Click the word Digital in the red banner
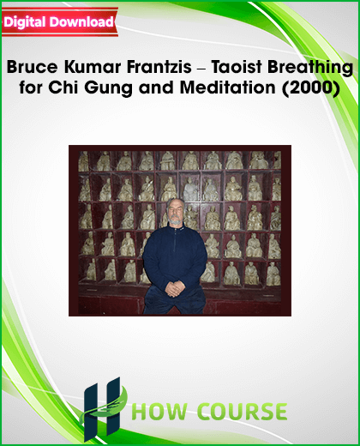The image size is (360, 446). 25,22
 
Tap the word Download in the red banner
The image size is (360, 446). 81,21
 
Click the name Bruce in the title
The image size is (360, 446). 32,67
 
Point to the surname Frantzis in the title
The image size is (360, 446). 159,67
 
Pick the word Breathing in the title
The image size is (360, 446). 310,68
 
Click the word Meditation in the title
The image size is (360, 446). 227,87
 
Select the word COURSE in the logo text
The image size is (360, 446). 243,412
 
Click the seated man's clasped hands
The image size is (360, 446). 175,288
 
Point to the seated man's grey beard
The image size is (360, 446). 175,221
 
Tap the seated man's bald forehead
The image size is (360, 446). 175,203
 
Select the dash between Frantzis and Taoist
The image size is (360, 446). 201,69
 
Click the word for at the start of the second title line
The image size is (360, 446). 31,87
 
